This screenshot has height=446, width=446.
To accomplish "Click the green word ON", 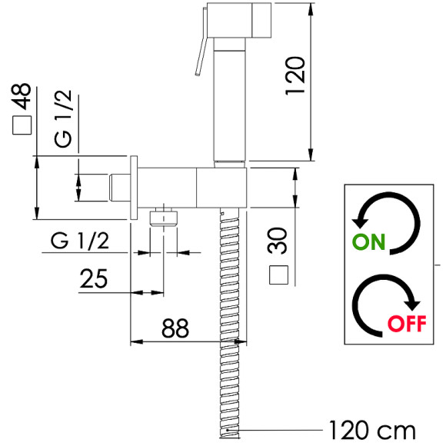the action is click(x=368, y=241).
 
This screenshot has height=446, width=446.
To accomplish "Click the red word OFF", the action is click(x=407, y=324).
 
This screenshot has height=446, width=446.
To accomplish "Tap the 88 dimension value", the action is click(x=175, y=328).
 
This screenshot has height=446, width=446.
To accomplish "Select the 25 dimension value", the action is click(x=94, y=278).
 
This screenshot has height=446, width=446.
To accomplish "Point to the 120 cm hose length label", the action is click(x=372, y=431).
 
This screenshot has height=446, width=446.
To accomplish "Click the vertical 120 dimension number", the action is click(x=295, y=76).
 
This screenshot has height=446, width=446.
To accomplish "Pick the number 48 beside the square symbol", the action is click(x=21, y=96).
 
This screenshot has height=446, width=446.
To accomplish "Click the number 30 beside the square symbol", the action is click(x=278, y=241).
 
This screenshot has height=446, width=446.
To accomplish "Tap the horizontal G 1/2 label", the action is click(x=80, y=241).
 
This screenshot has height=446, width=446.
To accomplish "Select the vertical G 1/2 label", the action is click(x=63, y=118).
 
